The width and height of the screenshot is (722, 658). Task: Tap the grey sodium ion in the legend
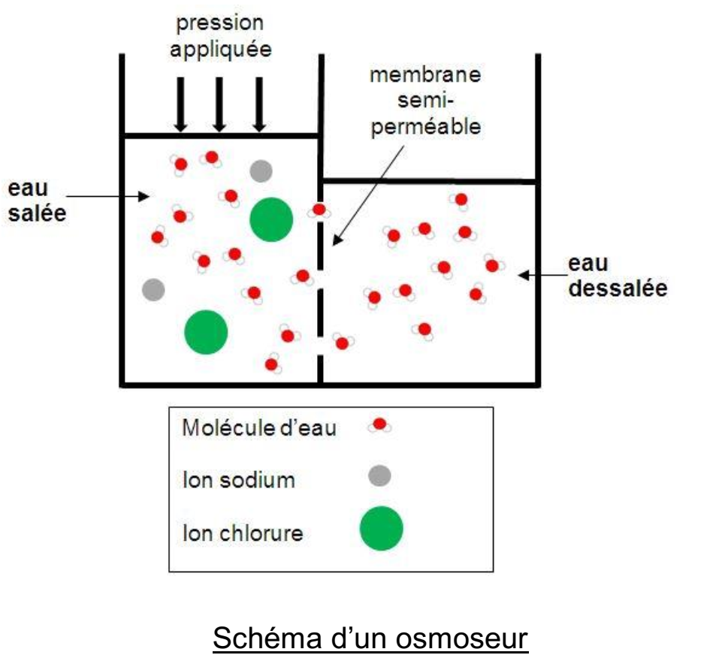380,475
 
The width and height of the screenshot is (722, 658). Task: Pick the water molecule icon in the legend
379,426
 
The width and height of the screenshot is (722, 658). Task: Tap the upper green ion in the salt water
270,219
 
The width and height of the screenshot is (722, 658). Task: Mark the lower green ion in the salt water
206,331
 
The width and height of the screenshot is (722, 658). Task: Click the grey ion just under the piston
261,171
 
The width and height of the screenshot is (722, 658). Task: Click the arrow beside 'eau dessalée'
539,276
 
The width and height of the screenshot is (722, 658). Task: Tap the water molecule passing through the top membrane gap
319,210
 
